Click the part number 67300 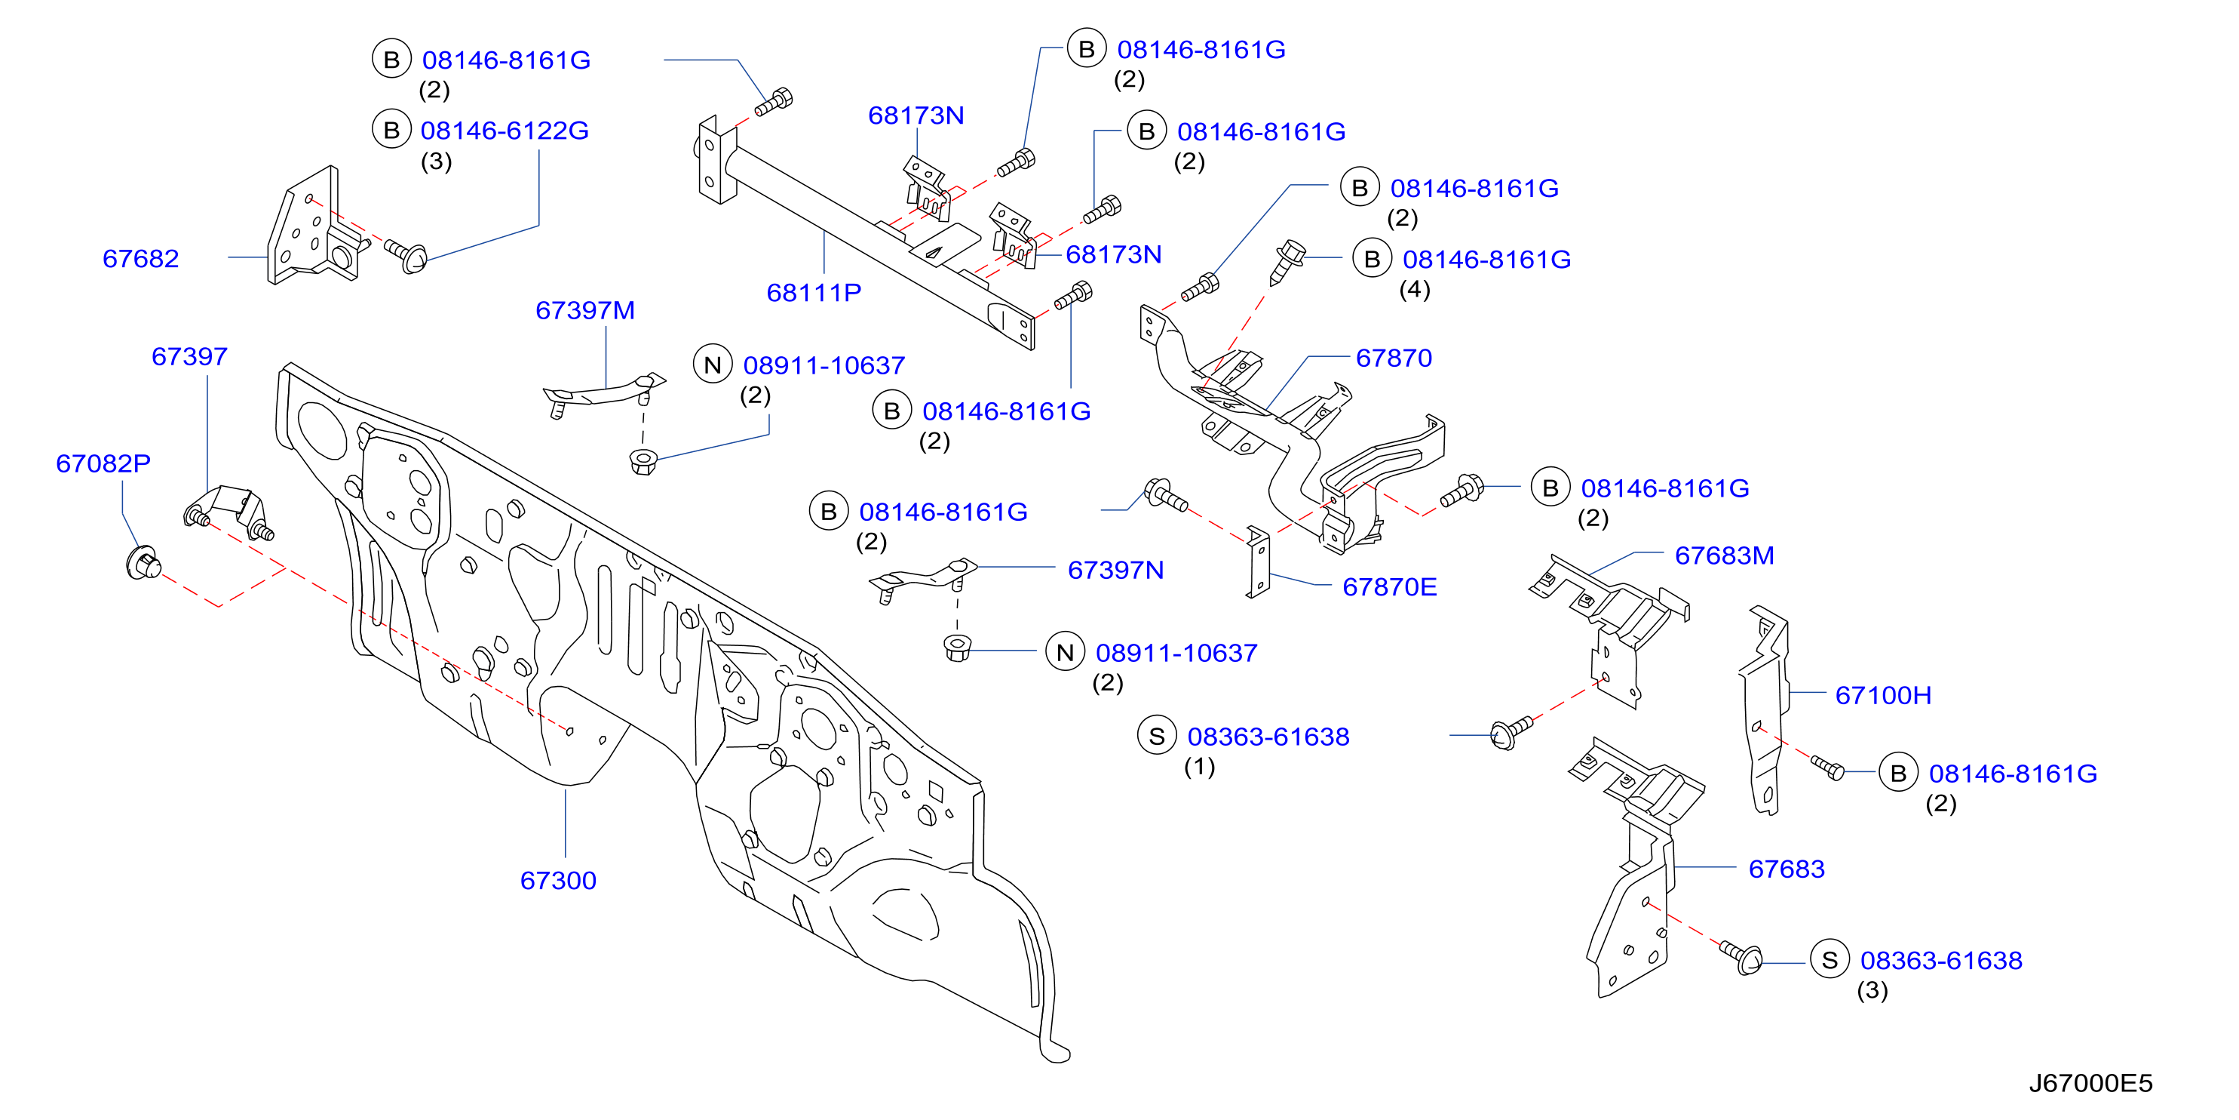point(558,880)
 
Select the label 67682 point(141,258)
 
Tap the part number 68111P point(814,292)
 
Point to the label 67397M point(585,309)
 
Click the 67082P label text point(103,463)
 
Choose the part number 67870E point(1389,586)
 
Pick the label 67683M point(1724,555)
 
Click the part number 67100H point(1882,695)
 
